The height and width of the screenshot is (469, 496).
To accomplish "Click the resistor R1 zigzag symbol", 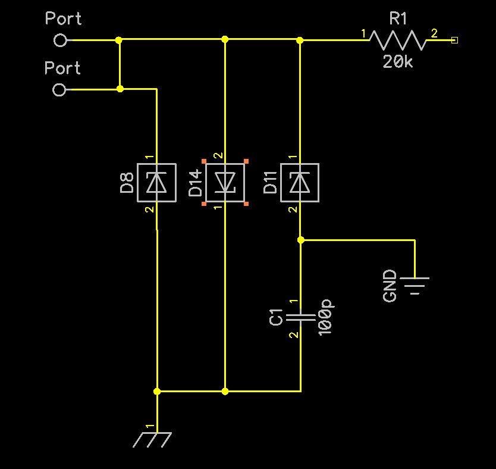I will point(398,40).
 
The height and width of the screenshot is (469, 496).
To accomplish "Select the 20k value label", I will point(397,61).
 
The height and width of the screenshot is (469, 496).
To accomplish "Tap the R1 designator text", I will point(398,19).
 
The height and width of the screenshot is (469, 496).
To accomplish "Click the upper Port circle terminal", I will point(59,40).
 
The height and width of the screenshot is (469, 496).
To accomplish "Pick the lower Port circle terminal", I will point(59,90).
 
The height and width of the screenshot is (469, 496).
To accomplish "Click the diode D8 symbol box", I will point(156,183).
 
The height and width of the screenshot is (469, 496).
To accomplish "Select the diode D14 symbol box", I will point(225,182).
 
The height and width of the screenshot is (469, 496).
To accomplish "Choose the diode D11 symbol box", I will point(300,183).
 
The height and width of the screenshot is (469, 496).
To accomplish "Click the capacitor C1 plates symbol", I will point(300,318).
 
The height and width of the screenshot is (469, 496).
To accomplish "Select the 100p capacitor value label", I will point(326,318).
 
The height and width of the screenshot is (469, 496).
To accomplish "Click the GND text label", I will point(390,286).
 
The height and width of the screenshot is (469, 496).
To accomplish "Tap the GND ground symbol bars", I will point(415,285).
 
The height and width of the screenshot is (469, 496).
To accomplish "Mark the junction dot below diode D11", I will point(300,240).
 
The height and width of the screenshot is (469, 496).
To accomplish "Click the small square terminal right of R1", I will point(455,40).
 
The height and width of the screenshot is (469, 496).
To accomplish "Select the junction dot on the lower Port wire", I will point(120,89).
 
